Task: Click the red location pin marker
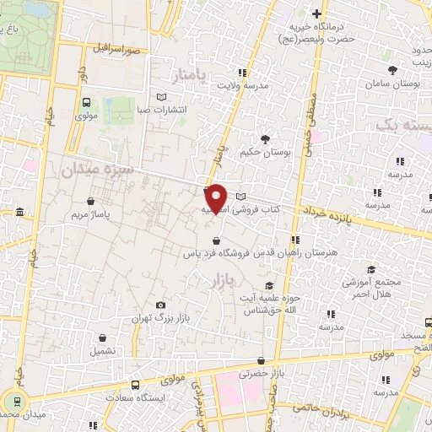click(x=216, y=197)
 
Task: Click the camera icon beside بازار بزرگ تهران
click(x=160, y=305)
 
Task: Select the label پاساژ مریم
click(x=90, y=215)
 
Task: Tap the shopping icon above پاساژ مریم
click(x=91, y=201)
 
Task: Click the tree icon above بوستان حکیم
click(x=266, y=138)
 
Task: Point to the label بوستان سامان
click(x=391, y=84)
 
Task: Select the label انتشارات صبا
click(x=162, y=110)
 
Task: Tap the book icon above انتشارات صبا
click(x=162, y=96)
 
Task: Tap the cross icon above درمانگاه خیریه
click(x=316, y=13)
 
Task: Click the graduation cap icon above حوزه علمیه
click(x=269, y=285)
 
